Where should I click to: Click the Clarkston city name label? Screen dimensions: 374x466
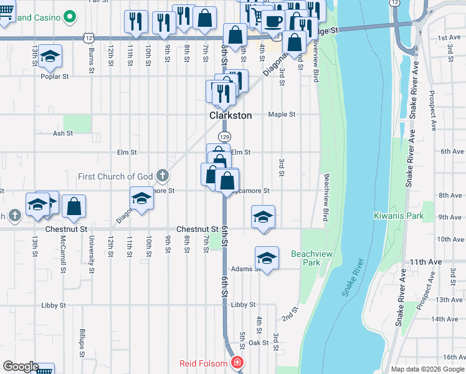tap(230, 116)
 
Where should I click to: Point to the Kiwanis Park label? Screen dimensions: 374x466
tap(399, 216)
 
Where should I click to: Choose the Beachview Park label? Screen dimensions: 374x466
tap(305, 258)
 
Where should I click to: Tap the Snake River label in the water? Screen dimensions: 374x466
tap(352, 277)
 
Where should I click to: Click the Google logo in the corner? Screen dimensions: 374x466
tap(21, 367)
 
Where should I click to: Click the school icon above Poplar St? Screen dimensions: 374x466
tap(50, 57)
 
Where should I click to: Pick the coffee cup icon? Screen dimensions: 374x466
tap(273, 22)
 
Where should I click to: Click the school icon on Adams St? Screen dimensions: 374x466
tap(267, 258)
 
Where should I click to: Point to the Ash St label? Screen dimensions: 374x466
tap(63, 133)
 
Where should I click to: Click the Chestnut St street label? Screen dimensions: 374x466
tap(197, 229)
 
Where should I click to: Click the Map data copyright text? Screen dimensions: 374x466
tap(427, 369)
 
